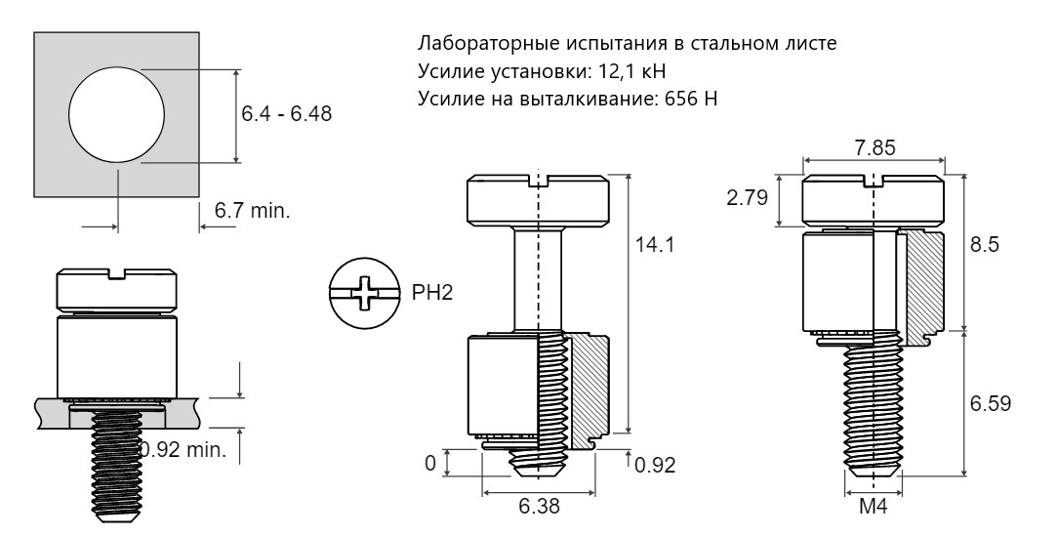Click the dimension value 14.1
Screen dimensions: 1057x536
click(x=655, y=244)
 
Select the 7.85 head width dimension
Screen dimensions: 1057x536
click(x=874, y=148)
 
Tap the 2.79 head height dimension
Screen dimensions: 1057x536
click(x=747, y=198)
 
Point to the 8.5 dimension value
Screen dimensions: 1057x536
click(x=984, y=244)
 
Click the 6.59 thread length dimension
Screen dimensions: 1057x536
click(x=991, y=404)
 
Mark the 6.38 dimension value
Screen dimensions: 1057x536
click(x=539, y=507)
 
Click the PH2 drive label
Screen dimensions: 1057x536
click(x=432, y=293)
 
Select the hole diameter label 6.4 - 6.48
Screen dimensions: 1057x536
click(x=287, y=114)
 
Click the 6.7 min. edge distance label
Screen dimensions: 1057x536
click(x=252, y=211)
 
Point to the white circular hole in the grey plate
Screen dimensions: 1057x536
click(x=116, y=114)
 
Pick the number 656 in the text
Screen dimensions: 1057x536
click(x=681, y=99)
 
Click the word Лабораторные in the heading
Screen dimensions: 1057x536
click(x=484, y=44)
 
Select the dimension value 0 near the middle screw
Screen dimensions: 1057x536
click(x=430, y=463)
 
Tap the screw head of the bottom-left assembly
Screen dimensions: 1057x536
click(x=116, y=291)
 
